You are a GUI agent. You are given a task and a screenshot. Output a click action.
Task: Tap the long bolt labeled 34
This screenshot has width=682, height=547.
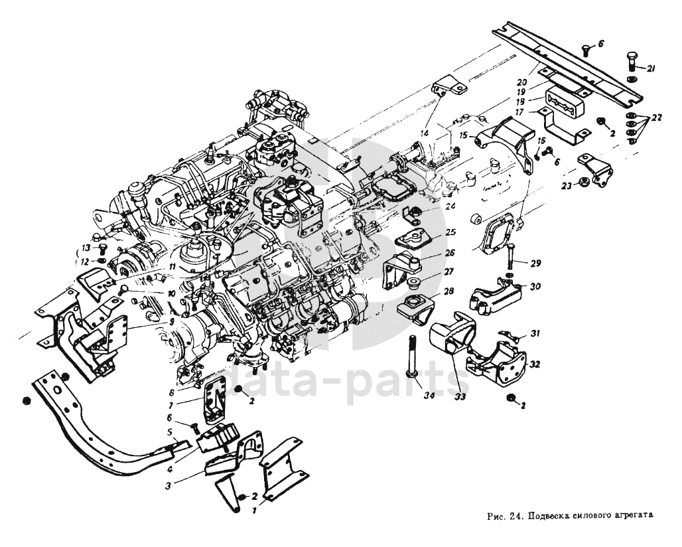pyautogui.click(x=413, y=358)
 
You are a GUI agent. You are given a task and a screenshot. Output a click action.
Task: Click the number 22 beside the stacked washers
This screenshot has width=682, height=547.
pyautogui.click(x=656, y=117)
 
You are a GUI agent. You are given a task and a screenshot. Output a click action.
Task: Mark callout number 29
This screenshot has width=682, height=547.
pyautogui.click(x=535, y=264)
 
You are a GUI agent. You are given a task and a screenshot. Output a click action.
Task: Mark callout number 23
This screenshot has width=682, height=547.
pyautogui.click(x=566, y=187)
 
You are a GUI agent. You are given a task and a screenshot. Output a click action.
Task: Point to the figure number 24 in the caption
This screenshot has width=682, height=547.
pyautogui.click(x=513, y=514)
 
